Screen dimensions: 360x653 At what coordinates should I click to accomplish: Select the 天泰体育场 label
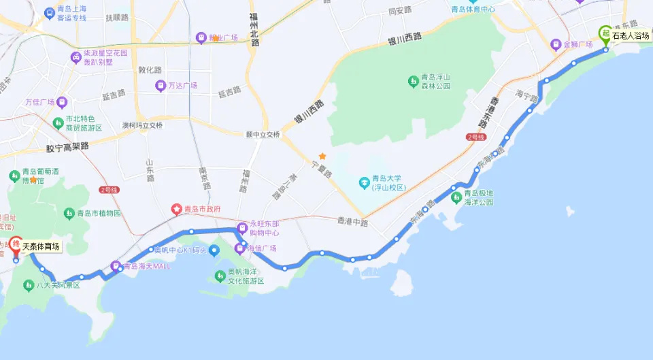click(x=41, y=247)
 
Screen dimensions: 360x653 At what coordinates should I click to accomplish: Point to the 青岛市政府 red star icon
click(x=177, y=210)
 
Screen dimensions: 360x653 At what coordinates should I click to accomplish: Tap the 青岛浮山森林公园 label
click(x=434, y=82)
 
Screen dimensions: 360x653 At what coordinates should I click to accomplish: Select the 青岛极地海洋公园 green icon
click(x=456, y=197)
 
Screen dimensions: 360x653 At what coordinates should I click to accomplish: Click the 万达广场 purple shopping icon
click(x=161, y=86)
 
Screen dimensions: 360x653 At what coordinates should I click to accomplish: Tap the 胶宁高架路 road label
click(x=67, y=146)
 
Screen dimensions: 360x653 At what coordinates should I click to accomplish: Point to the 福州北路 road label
click(x=254, y=29)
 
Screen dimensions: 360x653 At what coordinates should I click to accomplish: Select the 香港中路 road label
click(x=352, y=223)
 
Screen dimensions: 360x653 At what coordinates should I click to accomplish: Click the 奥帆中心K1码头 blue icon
click(x=215, y=251)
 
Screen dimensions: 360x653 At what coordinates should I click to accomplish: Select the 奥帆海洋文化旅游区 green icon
click(x=220, y=276)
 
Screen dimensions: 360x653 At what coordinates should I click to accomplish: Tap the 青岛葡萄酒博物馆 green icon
click(x=15, y=176)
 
